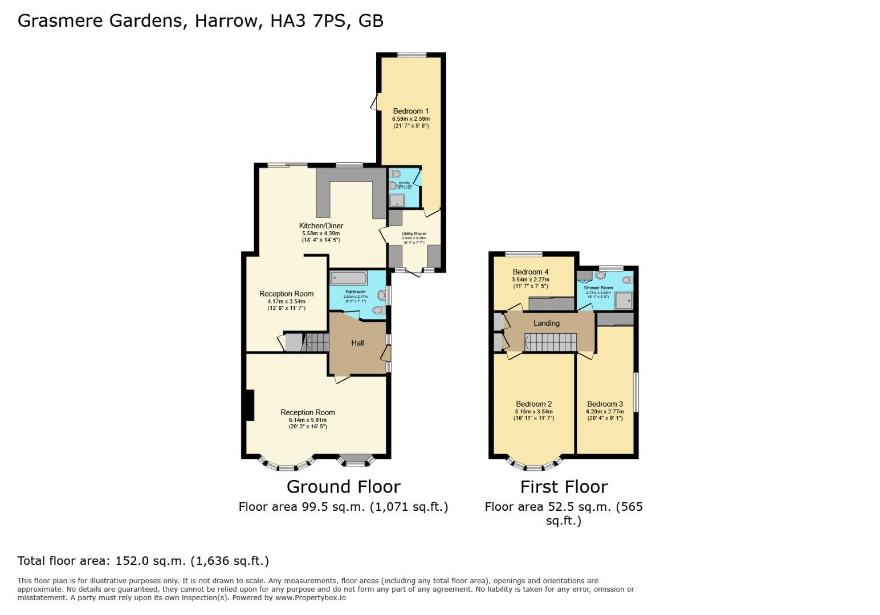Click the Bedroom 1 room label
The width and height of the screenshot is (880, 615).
tap(410, 111)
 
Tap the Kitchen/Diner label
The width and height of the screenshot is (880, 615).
tap(321, 226)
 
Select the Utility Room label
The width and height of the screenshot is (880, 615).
tap(414, 233)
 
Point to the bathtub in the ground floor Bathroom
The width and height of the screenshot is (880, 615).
tap(349, 278)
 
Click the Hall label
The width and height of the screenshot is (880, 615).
tap(357, 343)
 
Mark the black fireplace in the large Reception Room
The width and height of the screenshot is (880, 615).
tap(248, 405)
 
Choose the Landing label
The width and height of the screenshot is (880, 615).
tap(546, 323)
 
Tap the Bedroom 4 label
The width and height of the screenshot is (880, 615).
tap(530, 272)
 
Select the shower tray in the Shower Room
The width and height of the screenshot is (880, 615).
tap(622, 300)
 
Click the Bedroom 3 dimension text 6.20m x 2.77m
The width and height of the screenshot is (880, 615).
tap(605, 412)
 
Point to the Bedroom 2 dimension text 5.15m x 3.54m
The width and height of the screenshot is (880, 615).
tap(533, 412)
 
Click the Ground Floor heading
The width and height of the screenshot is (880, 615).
tap(343, 487)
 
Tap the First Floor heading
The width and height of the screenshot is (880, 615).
tap(564, 487)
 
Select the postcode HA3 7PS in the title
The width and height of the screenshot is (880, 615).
tap(308, 20)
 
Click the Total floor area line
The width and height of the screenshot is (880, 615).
tap(143, 561)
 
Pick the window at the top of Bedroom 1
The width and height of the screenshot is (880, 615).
tap(412, 55)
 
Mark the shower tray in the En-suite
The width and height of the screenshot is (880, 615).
tap(396, 200)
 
